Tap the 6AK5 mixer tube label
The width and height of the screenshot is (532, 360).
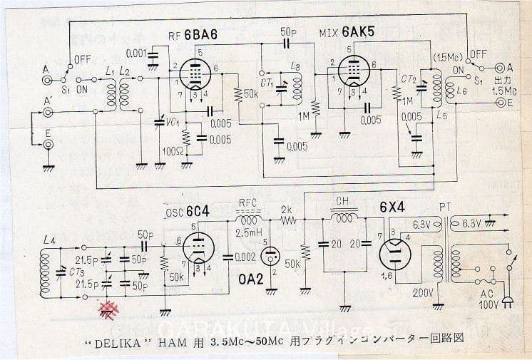pyautogui.click(x=359, y=34)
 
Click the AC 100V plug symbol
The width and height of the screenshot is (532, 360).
pyautogui.click(x=506, y=299)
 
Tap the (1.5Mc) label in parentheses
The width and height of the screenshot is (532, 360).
pyautogui.click(x=446, y=54)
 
